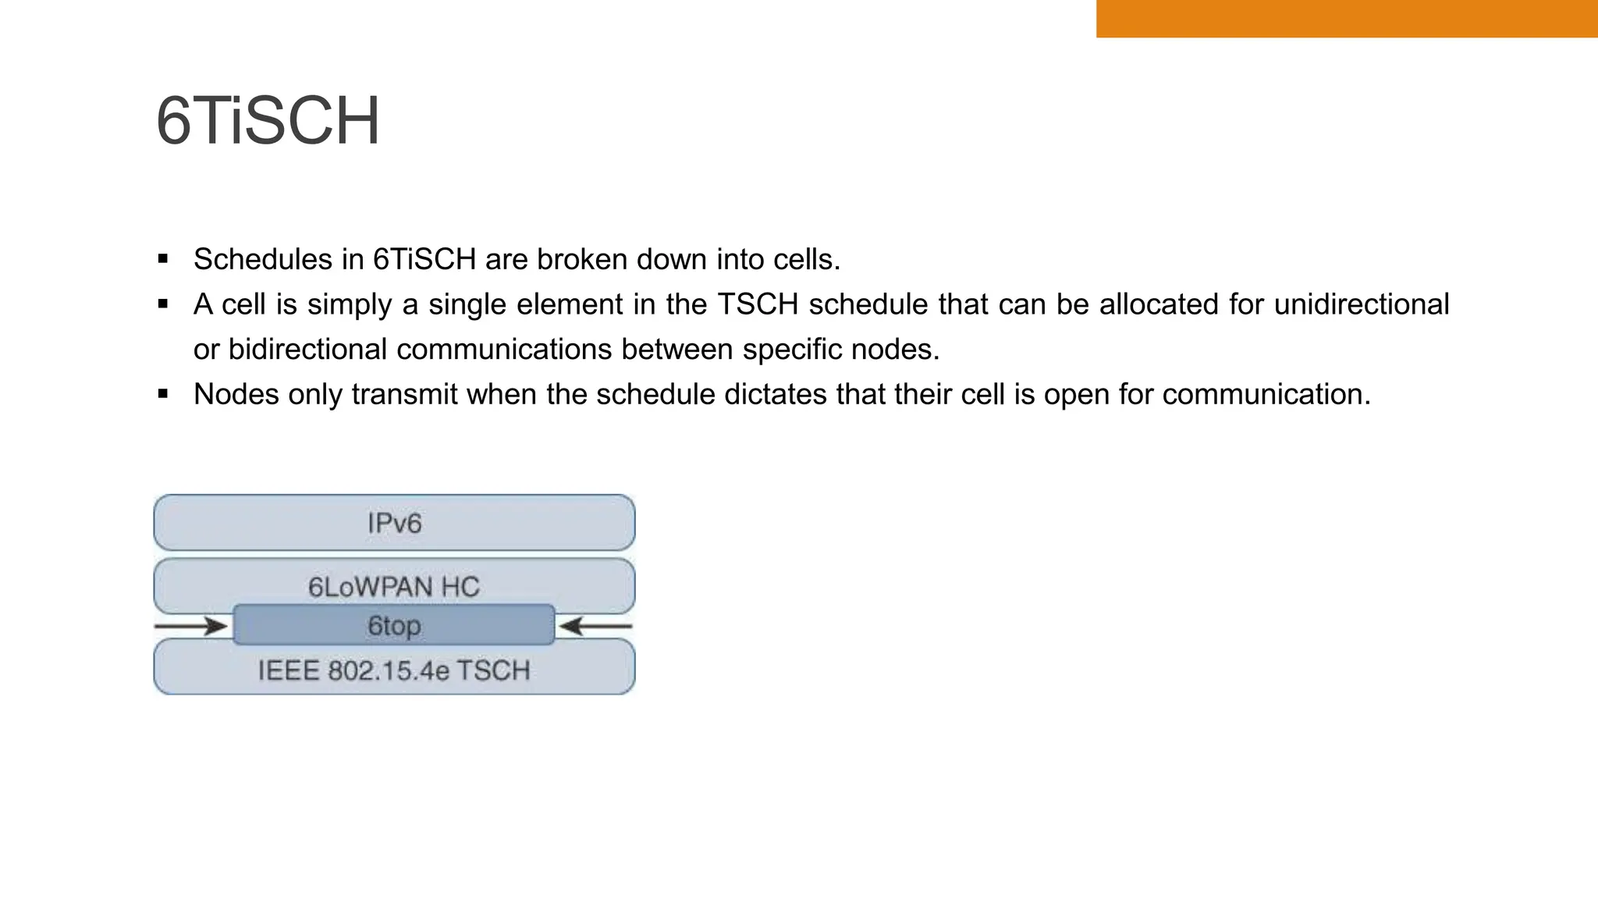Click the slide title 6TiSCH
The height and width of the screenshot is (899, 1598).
click(x=268, y=121)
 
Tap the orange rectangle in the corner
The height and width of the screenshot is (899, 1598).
click(x=1346, y=18)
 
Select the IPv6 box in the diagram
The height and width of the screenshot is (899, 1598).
click(x=394, y=523)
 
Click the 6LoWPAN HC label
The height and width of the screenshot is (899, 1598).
click(x=394, y=587)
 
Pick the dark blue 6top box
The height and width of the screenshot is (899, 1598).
click(x=394, y=625)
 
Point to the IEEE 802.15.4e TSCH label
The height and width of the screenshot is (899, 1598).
click(x=394, y=670)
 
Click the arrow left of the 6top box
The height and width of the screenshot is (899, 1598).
click(x=191, y=626)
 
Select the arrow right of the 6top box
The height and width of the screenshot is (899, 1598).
click(x=596, y=626)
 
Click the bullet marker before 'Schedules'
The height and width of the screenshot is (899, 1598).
click(x=163, y=259)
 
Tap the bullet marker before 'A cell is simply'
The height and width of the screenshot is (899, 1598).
click(x=163, y=304)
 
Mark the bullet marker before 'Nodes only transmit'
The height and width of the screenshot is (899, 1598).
click(x=163, y=394)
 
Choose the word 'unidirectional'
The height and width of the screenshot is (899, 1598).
click(x=1361, y=304)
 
